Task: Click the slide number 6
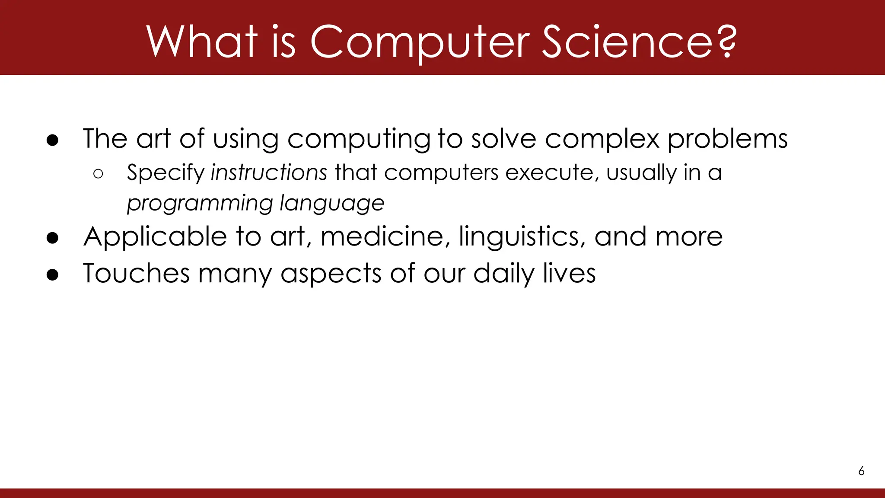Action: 861,471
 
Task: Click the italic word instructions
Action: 269,172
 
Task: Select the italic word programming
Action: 200,203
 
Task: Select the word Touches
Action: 136,273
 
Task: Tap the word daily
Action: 504,273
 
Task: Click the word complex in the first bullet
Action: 602,139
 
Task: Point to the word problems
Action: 727,139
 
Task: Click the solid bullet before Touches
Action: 52,275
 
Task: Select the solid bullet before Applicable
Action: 52,238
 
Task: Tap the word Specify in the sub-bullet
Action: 165,172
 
